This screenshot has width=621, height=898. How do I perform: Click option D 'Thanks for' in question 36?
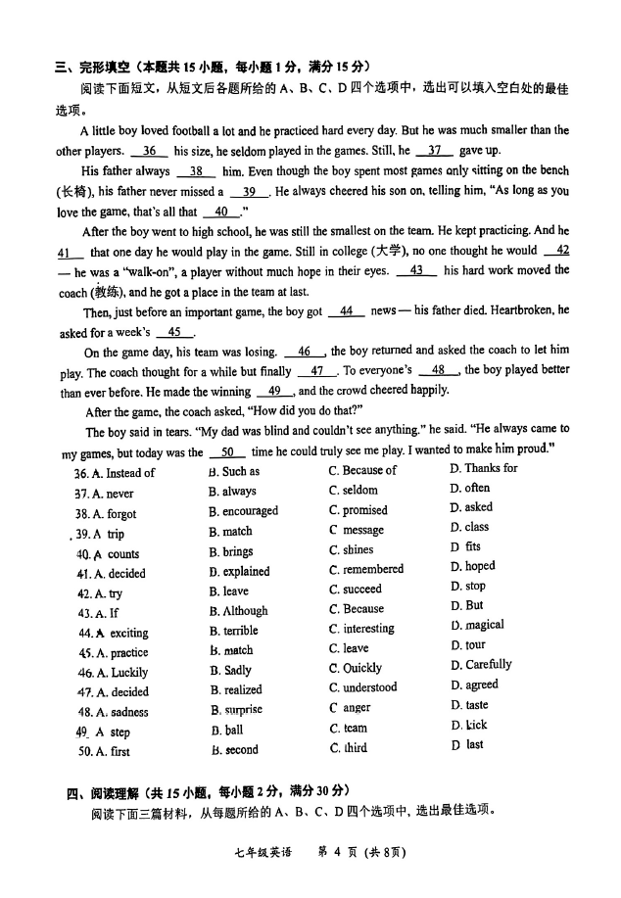pyautogui.click(x=483, y=468)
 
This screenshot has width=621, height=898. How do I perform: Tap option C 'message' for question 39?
pyautogui.click(x=356, y=530)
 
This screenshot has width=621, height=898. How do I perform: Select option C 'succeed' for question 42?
pyautogui.click(x=355, y=590)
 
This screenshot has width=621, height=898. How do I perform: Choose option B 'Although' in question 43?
pyautogui.click(x=238, y=611)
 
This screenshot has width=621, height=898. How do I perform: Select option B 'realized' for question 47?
pyautogui.click(x=235, y=689)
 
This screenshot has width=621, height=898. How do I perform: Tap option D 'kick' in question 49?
pyautogui.click(x=469, y=726)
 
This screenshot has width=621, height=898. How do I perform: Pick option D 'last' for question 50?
pyautogui.click(x=467, y=745)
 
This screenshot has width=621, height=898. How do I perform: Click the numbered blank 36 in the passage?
pyautogui.click(x=149, y=151)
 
